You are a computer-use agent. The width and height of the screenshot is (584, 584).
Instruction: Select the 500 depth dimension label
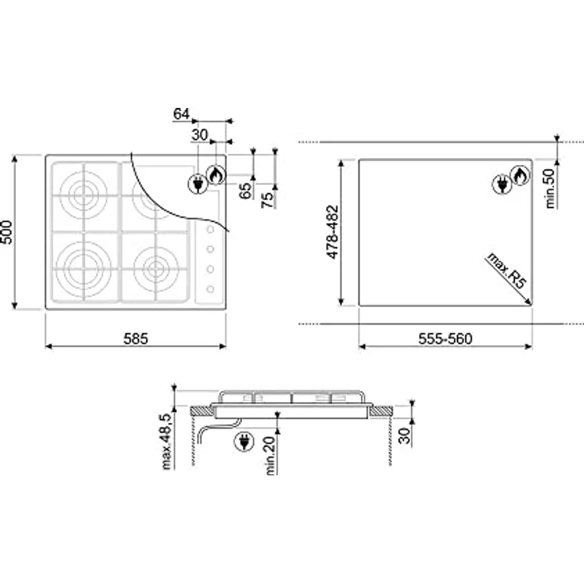[9, 232]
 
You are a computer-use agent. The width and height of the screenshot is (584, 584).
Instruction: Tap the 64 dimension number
[181, 113]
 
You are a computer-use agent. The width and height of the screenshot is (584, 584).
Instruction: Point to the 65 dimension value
[245, 190]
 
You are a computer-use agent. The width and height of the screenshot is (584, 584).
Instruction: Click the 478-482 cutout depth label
[334, 232]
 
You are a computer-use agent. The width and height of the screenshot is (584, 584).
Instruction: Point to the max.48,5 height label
[166, 441]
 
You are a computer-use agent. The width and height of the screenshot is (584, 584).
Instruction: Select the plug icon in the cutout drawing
[501, 185]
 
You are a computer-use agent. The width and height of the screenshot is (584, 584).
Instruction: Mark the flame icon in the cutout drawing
[519, 175]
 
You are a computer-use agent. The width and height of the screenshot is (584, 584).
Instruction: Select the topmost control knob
[211, 230]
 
